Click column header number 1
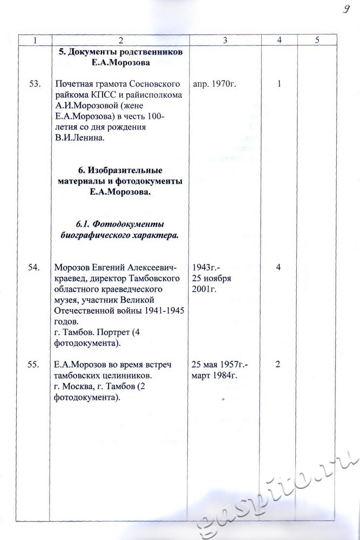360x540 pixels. [35, 40]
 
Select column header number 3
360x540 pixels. [225, 40]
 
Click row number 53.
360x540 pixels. [35, 85]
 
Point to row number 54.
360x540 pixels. [35, 267]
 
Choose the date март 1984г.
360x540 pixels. [213, 375]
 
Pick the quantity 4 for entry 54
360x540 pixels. [279, 267]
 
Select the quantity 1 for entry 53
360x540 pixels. [279, 85]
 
